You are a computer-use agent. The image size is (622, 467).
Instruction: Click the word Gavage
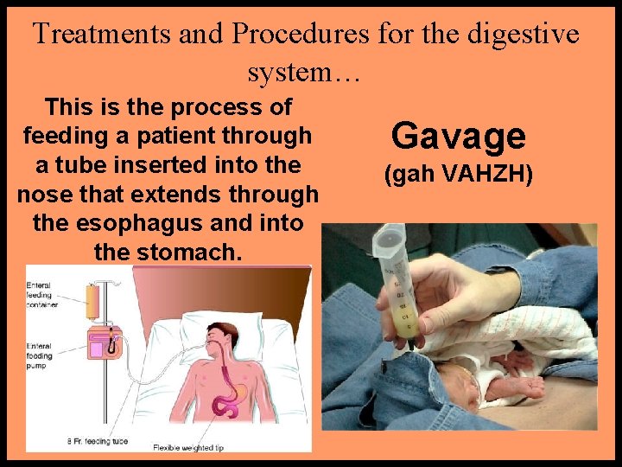pyautogui.click(x=458, y=136)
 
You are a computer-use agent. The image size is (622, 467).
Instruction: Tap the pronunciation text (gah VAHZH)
pyautogui.click(x=458, y=176)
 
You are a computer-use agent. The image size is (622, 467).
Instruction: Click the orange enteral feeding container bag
pyautogui.click(x=92, y=301)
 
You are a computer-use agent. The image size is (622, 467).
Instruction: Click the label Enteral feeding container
pyautogui.click(x=45, y=294)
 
